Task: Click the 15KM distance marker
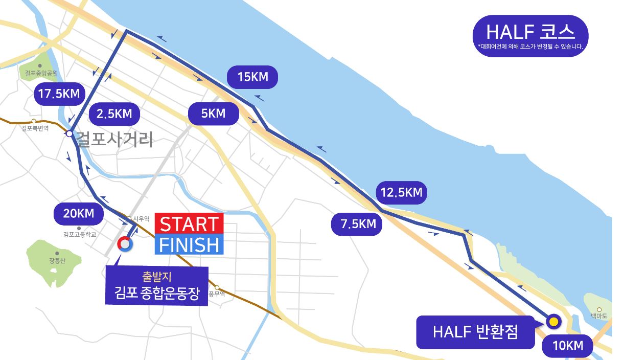pyautogui.click(x=252, y=77)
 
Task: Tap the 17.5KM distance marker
pyautogui.click(x=59, y=93)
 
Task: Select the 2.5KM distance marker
pyautogui.click(x=114, y=114)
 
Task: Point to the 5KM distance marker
pyautogui.click(x=213, y=114)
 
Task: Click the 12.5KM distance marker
pyautogui.click(x=402, y=193)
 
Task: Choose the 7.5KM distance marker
pyautogui.click(x=356, y=224)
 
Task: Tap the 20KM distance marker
pyautogui.click(x=79, y=213)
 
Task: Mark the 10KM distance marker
pyautogui.click(x=568, y=346)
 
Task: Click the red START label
pyautogui.click(x=189, y=224)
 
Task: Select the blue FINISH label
pyautogui.click(x=189, y=245)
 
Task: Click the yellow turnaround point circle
pyautogui.click(x=553, y=322)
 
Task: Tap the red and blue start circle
pyautogui.click(x=124, y=245)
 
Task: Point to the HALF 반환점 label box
pyautogui.click(x=475, y=332)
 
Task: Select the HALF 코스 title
pyautogui.click(x=530, y=33)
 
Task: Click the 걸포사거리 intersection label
pyautogui.click(x=114, y=139)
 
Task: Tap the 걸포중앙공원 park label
pyautogui.click(x=41, y=73)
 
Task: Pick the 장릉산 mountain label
pyautogui.click(x=57, y=260)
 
